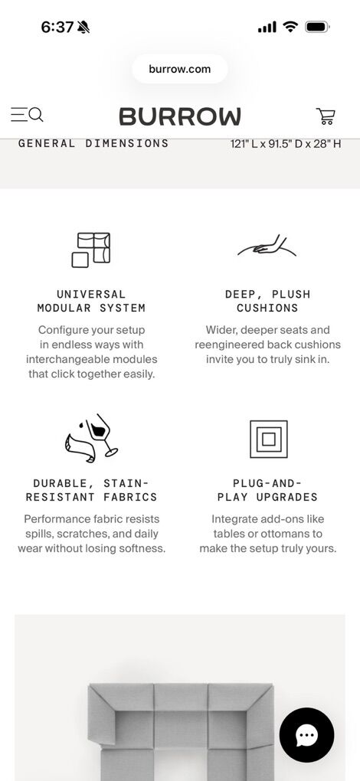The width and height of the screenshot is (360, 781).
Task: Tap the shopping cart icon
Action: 326,116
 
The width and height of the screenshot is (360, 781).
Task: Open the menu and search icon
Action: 27,115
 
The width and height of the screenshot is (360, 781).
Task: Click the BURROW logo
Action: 180,116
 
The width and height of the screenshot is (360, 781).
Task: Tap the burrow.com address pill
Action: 180,69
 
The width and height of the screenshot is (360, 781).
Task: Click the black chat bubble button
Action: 306,735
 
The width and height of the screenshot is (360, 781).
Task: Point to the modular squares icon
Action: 91,250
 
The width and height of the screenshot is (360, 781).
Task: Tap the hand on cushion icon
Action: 267,247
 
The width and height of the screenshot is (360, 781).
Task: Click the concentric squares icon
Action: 269,440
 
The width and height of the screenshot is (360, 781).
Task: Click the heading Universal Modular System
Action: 91,302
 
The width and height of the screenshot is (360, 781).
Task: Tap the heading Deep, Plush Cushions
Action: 267,302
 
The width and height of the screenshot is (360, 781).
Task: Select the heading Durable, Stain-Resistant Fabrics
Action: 91,490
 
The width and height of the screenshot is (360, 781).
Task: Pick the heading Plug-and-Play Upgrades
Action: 267,490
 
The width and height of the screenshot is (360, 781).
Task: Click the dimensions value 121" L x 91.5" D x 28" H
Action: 286,144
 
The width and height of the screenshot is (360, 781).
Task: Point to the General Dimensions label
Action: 93,143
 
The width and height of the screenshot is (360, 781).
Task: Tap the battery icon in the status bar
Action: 317,27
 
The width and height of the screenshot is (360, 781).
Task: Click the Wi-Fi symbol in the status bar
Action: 290,27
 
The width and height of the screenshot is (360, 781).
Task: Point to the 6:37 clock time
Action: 57,27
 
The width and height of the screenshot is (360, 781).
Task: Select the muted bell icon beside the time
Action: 83,28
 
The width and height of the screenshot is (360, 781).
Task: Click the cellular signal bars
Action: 267,28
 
